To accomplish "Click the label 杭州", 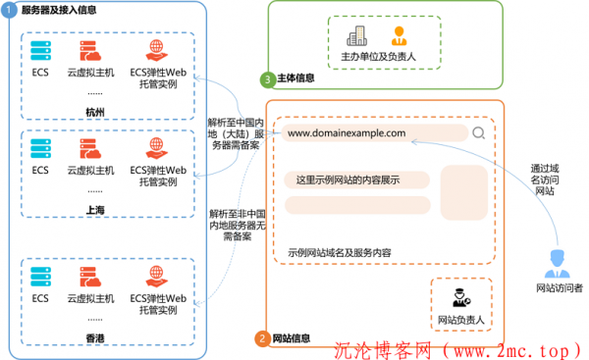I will click(x=96, y=114).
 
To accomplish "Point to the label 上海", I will click(x=96, y=209).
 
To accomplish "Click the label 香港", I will click(x=96, y=337).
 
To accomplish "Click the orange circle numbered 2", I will click(x=262, y=338).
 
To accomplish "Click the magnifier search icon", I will click(x=478, y=133).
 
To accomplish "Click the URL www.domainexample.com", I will click(x=345, y=132).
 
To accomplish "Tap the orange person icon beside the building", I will click(x=399, y=36).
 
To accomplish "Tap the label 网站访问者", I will click(x=559, y=288).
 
